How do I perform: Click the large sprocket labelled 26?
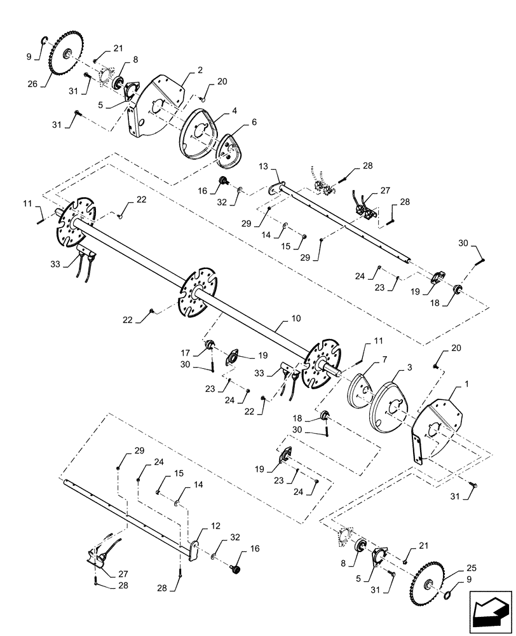(64, 54)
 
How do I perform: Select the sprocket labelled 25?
(428, 584)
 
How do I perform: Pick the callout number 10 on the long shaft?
(278, 317)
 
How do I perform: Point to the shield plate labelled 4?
(199, 132)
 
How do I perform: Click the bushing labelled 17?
(207, 347)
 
